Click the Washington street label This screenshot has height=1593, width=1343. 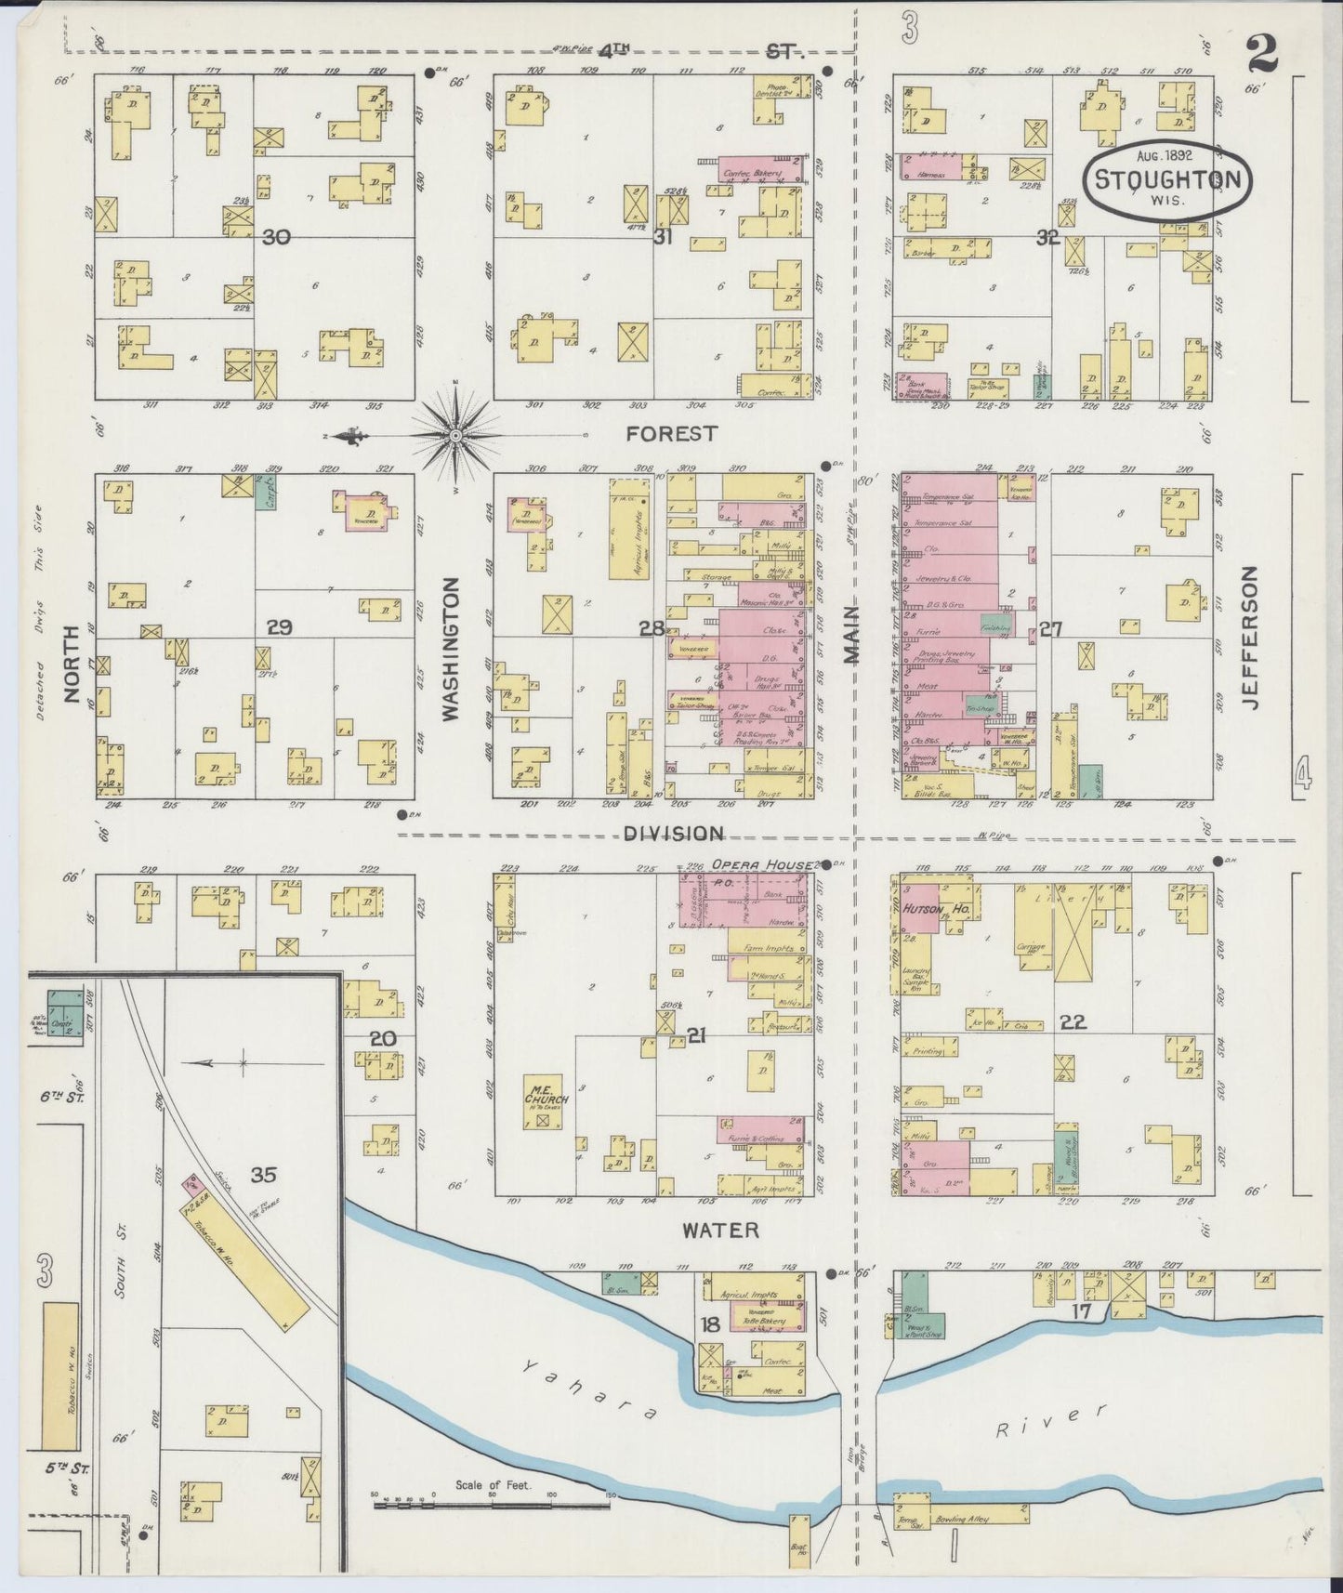tap(452, 649)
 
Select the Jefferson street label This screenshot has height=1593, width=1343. tap(1250, 638)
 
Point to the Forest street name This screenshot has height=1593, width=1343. tap(659, 433)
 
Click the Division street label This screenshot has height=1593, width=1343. tap(661, 834)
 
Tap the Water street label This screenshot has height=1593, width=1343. tap(720, 1231)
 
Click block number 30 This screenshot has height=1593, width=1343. tap(276, 238)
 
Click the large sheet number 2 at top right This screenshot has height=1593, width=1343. tap(1262, 55)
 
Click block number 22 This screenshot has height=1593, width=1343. tap(1073, 1021)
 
